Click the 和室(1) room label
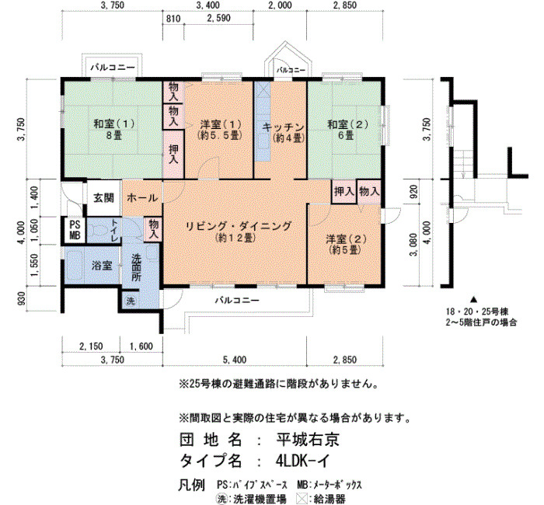click(113, 124)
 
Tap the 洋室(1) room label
click(220, 124)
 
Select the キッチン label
click(284, 127)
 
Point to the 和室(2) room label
click(348, 124)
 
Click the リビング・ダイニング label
click(239, 226)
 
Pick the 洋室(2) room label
click(346, 239)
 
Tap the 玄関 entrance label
click(103, 198)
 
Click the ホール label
click(142, 198)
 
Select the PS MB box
click(75, 230)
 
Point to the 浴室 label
click(102, 266)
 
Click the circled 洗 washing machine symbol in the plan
click(130, 301)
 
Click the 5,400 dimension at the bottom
click(235, 360)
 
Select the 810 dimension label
click(173, 19)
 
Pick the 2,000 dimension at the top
click(280, 5)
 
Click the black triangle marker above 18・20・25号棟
click(473, 299)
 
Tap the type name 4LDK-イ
click(302, 461)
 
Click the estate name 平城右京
click(308, 440)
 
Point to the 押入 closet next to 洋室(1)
click(173, 154)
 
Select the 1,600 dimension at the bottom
click(141, 347)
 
